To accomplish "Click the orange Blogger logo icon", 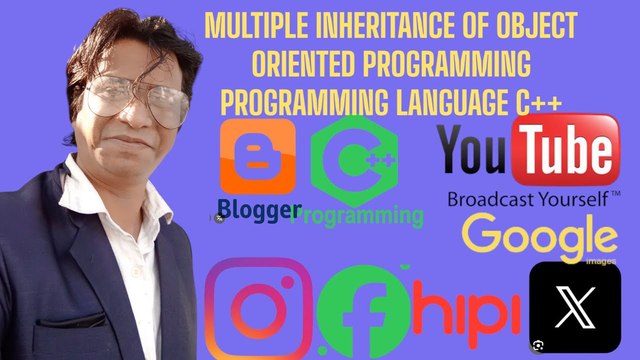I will (257, 156).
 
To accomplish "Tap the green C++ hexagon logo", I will (354, 160).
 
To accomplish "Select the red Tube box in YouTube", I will (566, 148).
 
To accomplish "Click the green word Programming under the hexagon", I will (357, 216).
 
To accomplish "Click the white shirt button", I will (133, 272).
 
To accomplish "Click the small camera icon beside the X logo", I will (538, 345).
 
